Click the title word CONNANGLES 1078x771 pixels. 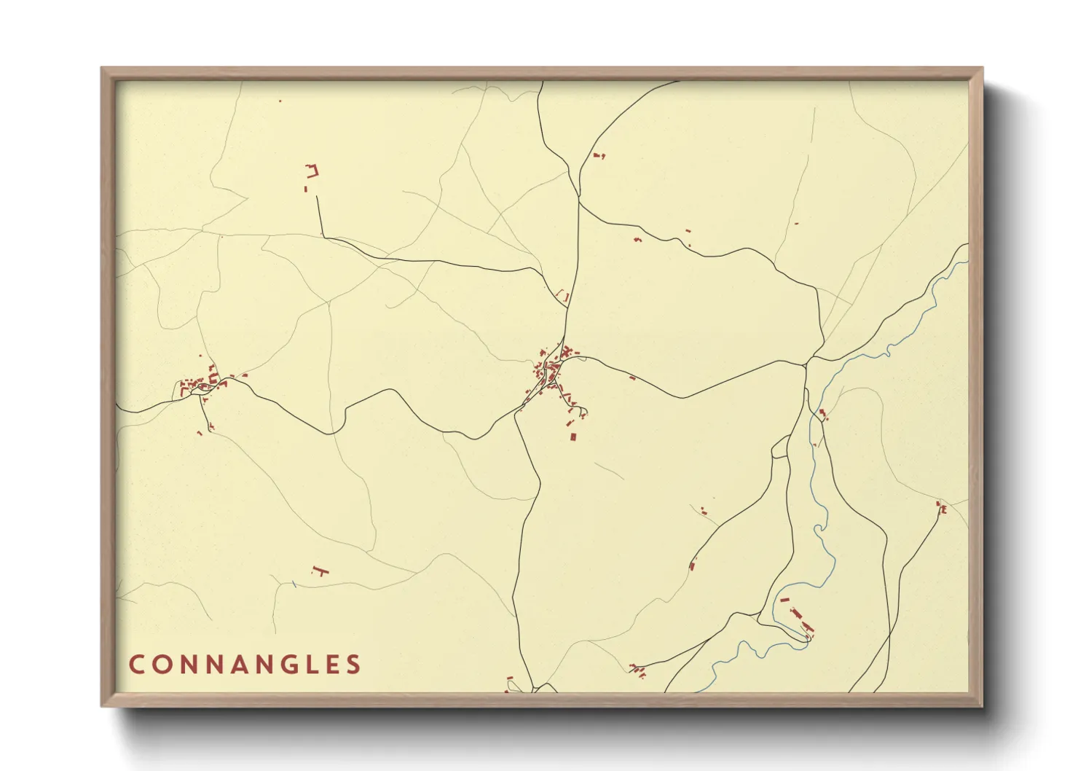(245, 665)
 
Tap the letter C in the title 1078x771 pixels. (136, 665)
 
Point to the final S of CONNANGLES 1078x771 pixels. (354, 665)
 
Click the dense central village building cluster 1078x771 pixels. (551, 372)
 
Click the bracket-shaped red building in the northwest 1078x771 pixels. (312, 171)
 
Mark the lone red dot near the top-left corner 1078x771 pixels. (280, 101)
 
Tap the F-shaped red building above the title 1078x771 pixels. (318, 570)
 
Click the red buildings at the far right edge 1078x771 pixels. (941, 508)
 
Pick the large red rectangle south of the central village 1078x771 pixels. (573, 437)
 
